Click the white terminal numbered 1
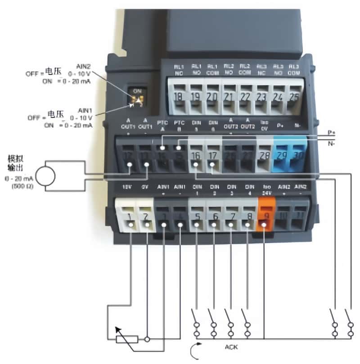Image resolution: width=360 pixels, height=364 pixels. pyautogui.click(x=129, y=218)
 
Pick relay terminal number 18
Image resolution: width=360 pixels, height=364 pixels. pyautogui.click(x=179, y=96)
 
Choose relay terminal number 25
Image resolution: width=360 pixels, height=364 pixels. pyautogui.click(x=294, y=96)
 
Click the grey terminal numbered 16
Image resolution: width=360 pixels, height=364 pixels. pyautogui.click(x=196, y=156)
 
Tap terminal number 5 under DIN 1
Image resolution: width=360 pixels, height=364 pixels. pyautogui.click(x=197, y=219)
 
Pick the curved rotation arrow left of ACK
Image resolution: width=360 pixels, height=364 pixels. pyautogui.click(x=194, y=351)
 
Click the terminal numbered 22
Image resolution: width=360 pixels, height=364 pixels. pyautogui.click(x=245, y=96)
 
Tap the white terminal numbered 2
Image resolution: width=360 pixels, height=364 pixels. pyautogui.click(x=146, y=218)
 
